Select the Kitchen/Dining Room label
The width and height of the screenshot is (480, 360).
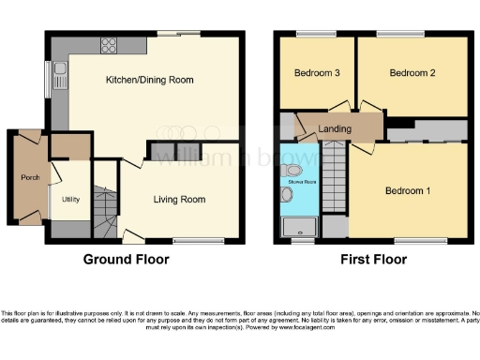point(149,81)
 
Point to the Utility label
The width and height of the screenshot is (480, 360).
point(70,200)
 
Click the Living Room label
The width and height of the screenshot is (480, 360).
point(180,199)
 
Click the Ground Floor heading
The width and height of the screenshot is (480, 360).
point(127,259)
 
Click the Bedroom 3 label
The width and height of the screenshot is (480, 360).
point(316,73)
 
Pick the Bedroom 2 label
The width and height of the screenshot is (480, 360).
point(412,73)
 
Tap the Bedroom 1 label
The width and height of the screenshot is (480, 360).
point(408,191)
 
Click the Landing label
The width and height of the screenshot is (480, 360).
point(335,129)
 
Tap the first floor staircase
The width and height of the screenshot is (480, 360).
point(337,178)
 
